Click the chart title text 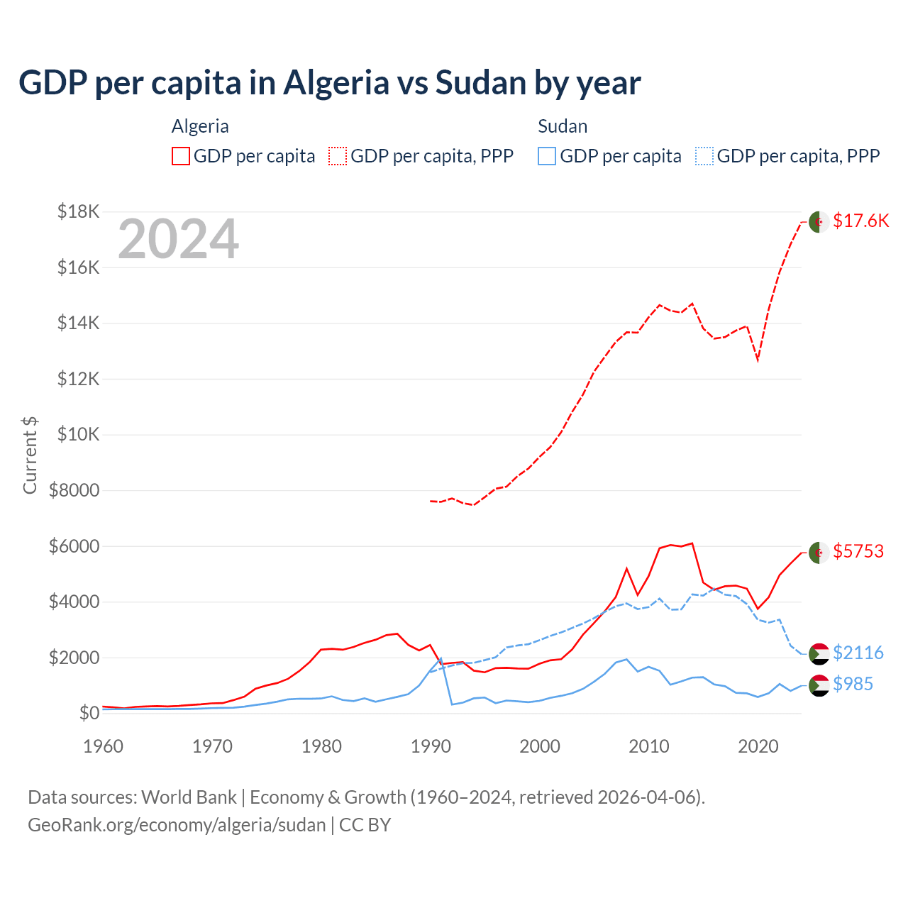pos(330,83)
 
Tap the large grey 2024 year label pos(178,239)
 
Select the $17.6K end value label pos(860,221)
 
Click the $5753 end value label pos(858,551)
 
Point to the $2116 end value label pos(858,653)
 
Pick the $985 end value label pos(853,684)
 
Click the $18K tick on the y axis pos(79,211)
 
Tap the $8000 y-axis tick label pos(74,490)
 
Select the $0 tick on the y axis pos(89,713)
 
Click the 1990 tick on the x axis pos(431,746)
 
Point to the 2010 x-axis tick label pos(649,746)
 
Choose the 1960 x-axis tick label pos(104,746)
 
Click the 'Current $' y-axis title pos(30,455)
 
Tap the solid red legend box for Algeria pos(181,156)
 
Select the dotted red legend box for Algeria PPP pos(338,156)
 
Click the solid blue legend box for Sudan pos(547,156)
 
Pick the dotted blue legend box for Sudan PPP pos(704,156)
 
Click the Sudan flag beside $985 pos(819,685)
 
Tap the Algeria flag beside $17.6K pos(819,221)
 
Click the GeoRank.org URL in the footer pos(177,825)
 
